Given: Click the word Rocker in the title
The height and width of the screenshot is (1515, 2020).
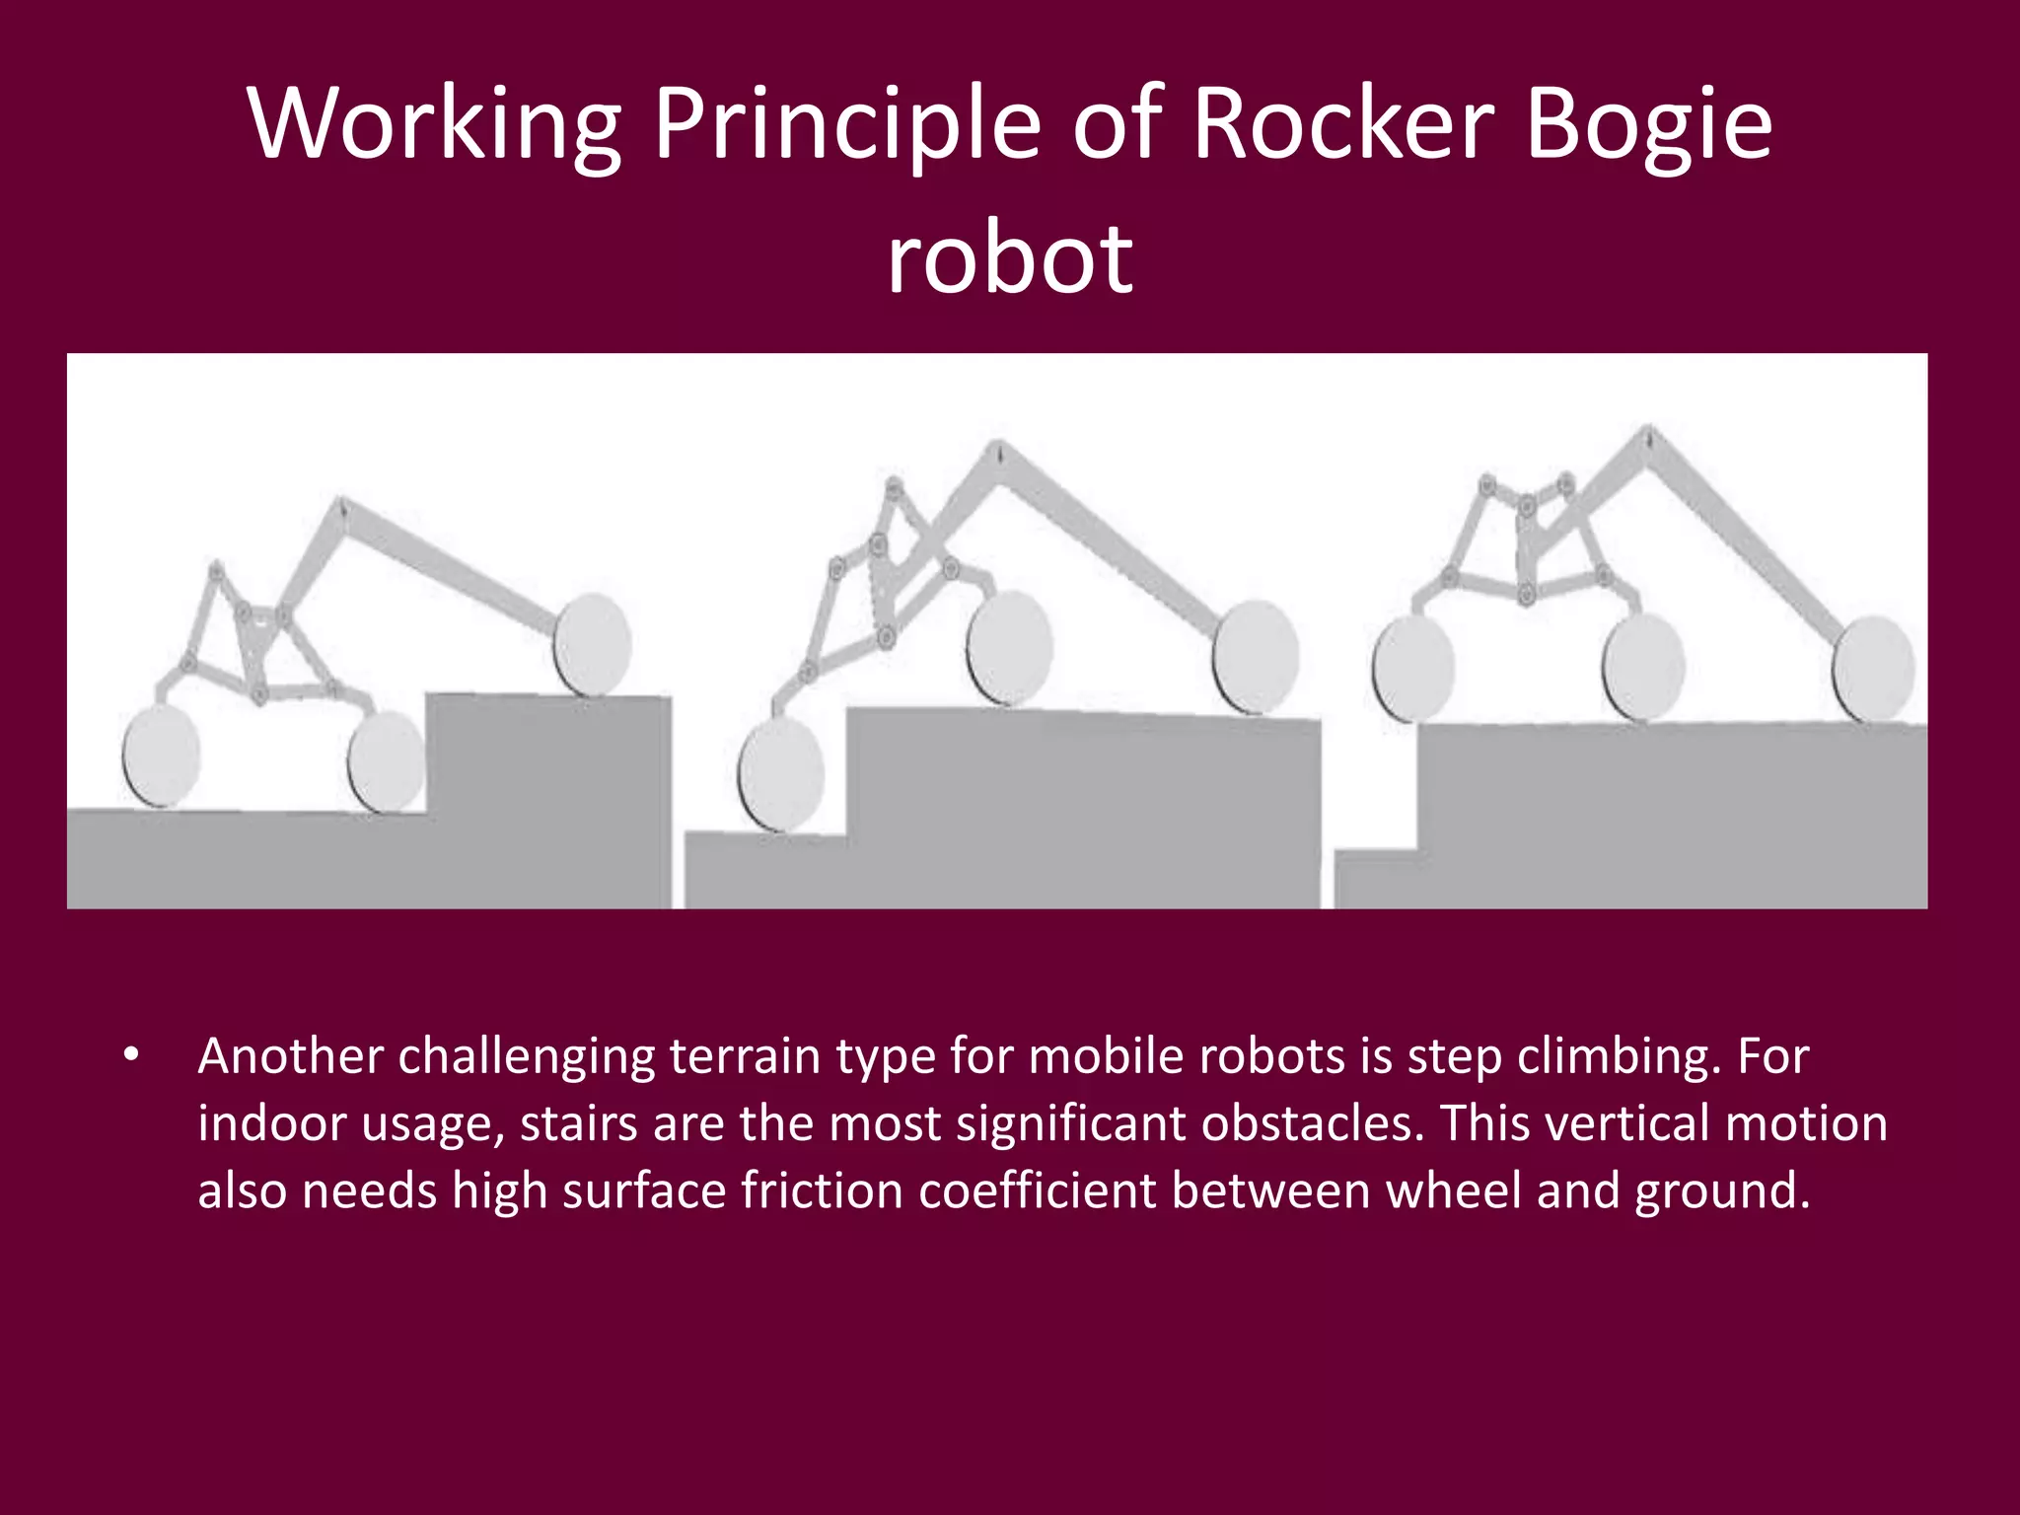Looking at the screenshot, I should tap(1345, 124).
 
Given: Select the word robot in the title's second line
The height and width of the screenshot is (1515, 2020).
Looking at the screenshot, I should tap(1010, 258).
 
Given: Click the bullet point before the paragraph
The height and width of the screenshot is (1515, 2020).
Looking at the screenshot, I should tap(131, 1056).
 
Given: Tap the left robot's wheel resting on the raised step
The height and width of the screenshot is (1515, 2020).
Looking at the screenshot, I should tap(592, 644).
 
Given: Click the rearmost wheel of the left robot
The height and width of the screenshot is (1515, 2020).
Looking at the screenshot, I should tap(161, 757).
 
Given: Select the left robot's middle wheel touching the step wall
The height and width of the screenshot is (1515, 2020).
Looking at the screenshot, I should tap(386, 761).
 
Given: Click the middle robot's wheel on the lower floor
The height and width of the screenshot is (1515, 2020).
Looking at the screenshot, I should tap(781, 774).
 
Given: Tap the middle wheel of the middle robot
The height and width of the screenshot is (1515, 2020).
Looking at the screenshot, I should tap(1009, 646).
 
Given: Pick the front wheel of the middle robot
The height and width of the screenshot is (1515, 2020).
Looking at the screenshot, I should tap(1255, 656).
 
